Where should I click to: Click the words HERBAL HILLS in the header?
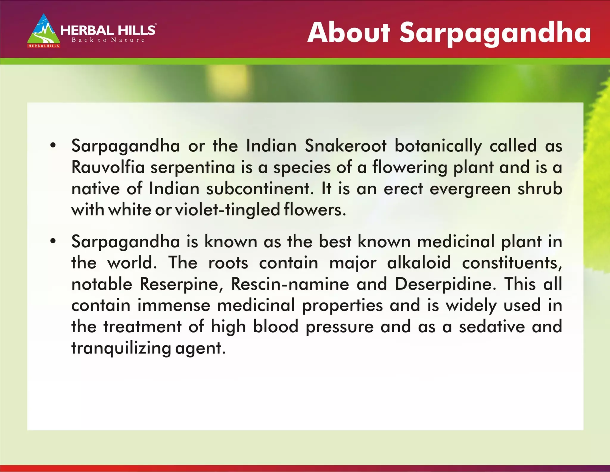point(108,30)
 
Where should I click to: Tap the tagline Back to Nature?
point(108,40)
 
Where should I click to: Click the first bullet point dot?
point(53,146)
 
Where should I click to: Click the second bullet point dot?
point(53,241)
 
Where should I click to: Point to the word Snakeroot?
point(346,146)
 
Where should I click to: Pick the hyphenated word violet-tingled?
point(228,210)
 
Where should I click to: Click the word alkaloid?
point(419,263)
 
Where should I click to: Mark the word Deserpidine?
point(445,284)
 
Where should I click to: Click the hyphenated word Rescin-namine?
point(290,284)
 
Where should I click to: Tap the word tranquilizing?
point(121,348)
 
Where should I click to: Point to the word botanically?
point(438,146)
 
